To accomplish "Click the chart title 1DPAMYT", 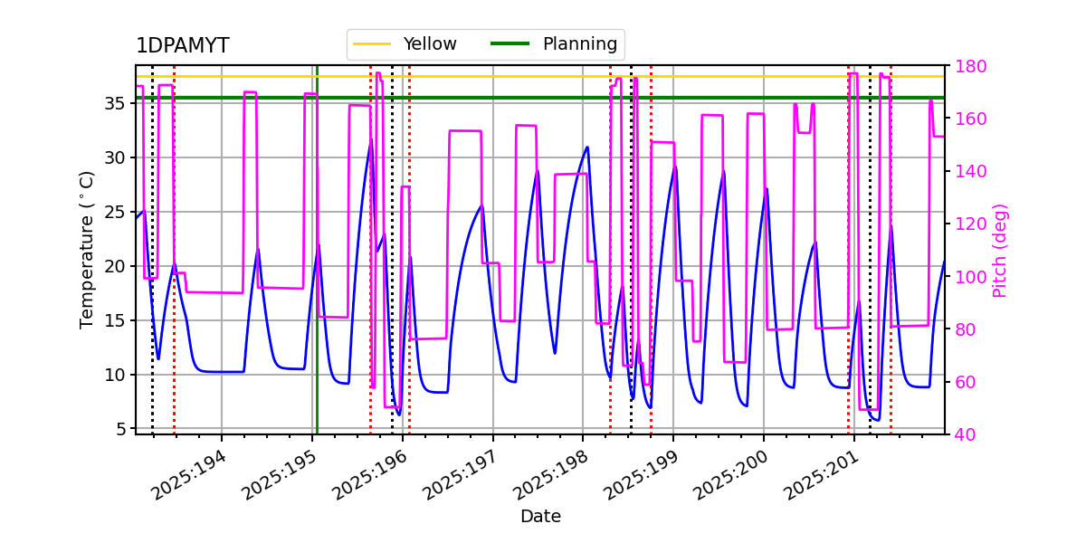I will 182,46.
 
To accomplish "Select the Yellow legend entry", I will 429,43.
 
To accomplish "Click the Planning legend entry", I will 579,43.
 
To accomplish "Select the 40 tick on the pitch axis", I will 963,434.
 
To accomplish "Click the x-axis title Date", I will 540,517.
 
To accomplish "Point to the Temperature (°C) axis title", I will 87,249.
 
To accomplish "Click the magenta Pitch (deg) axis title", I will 1000,250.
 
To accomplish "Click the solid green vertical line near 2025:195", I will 317,271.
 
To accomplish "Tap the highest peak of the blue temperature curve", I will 370,140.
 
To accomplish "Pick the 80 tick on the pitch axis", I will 963,329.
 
